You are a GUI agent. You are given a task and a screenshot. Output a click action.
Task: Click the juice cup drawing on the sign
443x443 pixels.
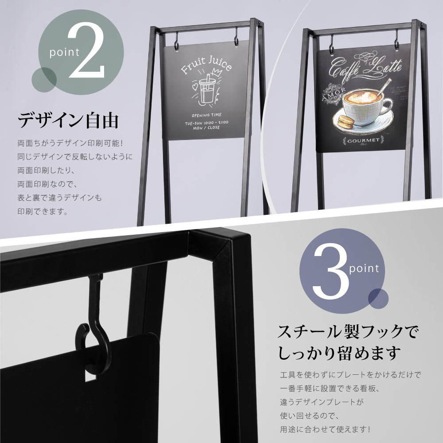pyautogui.click(x=205, y=91)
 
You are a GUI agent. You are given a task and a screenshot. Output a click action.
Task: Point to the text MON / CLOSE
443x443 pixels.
pyautogui.click(x=206, y=128)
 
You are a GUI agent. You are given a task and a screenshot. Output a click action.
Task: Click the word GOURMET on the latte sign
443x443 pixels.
pyautogui.click(x=361, y=141)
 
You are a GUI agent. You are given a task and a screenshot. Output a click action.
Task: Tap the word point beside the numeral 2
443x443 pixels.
pyautogui.click(x=64, y=53)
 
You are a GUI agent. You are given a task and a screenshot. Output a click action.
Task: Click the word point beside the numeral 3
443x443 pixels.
pyautogui.click(x=364, y=268)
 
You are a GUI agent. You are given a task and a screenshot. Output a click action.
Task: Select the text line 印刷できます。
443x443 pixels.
pyautogui.click(x=43, y=211)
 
